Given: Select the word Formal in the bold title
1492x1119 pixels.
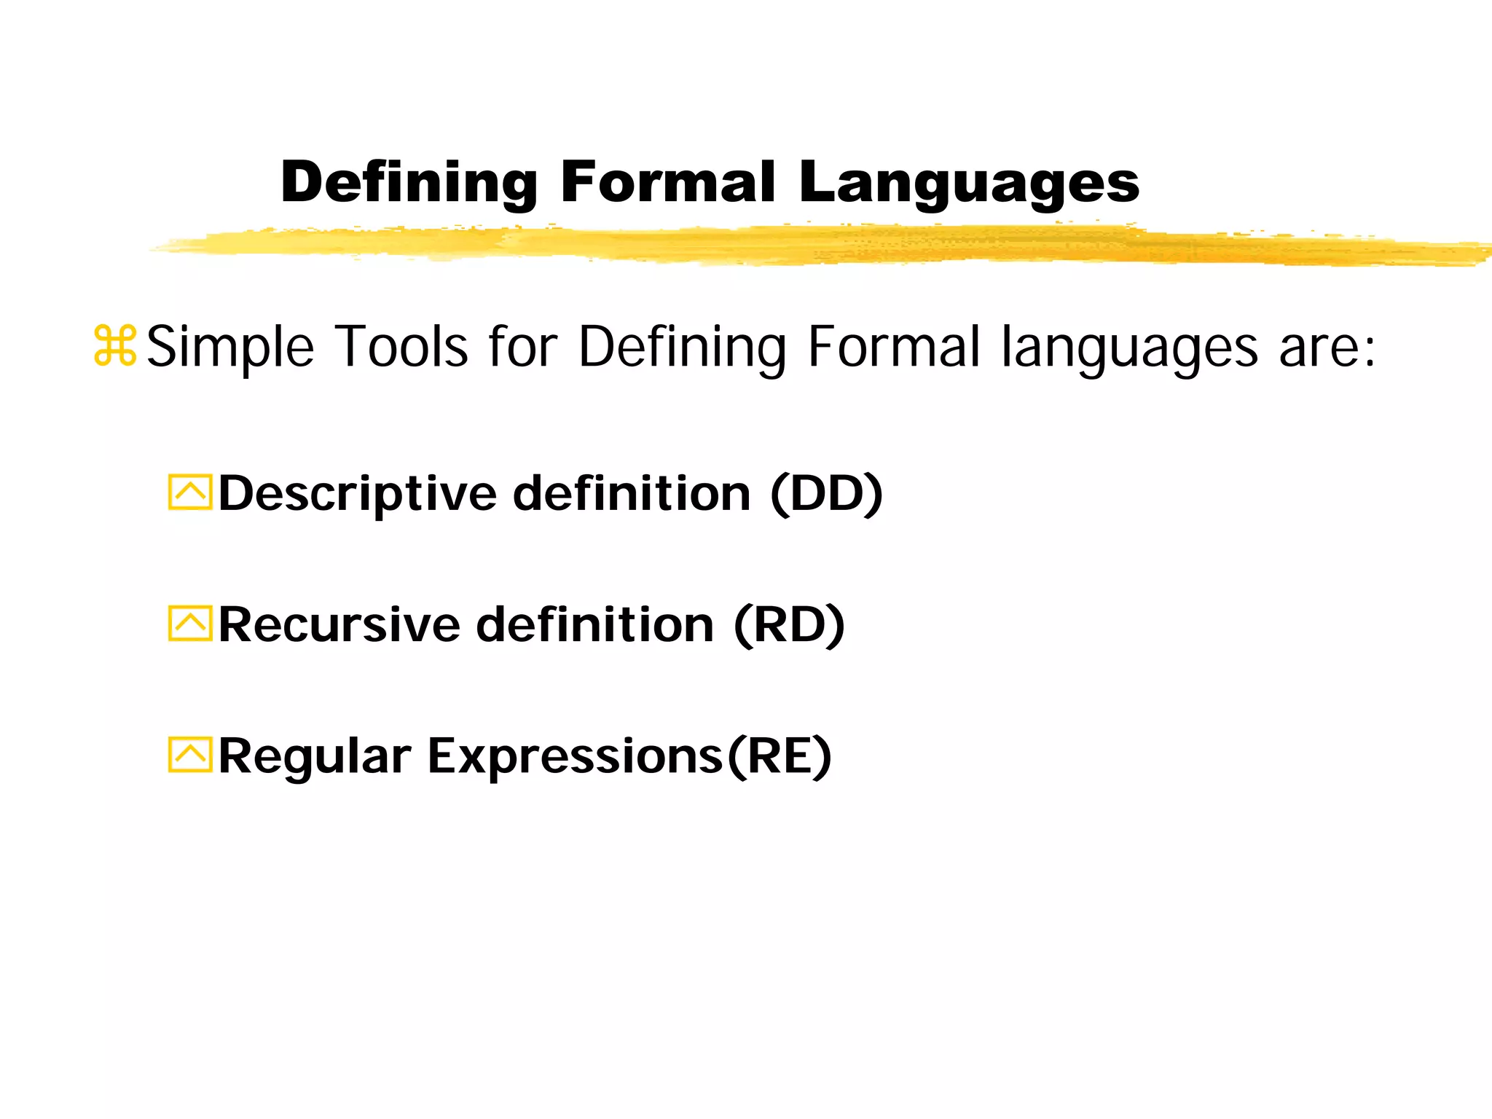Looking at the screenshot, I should [x=667, y=182].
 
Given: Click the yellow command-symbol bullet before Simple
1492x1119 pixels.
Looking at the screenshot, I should [x=115, y=346].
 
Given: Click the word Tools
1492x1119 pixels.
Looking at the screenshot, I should [x=401, y=347].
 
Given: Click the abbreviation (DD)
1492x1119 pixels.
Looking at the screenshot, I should [x=826, y=494].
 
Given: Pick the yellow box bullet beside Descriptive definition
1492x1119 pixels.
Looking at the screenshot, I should [x=189, y=492].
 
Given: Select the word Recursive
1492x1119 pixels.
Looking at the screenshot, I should [x=339, y=625].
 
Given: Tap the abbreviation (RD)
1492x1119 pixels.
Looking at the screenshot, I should [x=789, y=625].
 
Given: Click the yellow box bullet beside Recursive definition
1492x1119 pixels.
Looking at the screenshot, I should [x=189, y=624].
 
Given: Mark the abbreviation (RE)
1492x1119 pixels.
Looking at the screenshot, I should [x=780, y=756].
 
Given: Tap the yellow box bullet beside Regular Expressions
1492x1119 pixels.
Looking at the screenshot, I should [x=189, y=755].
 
